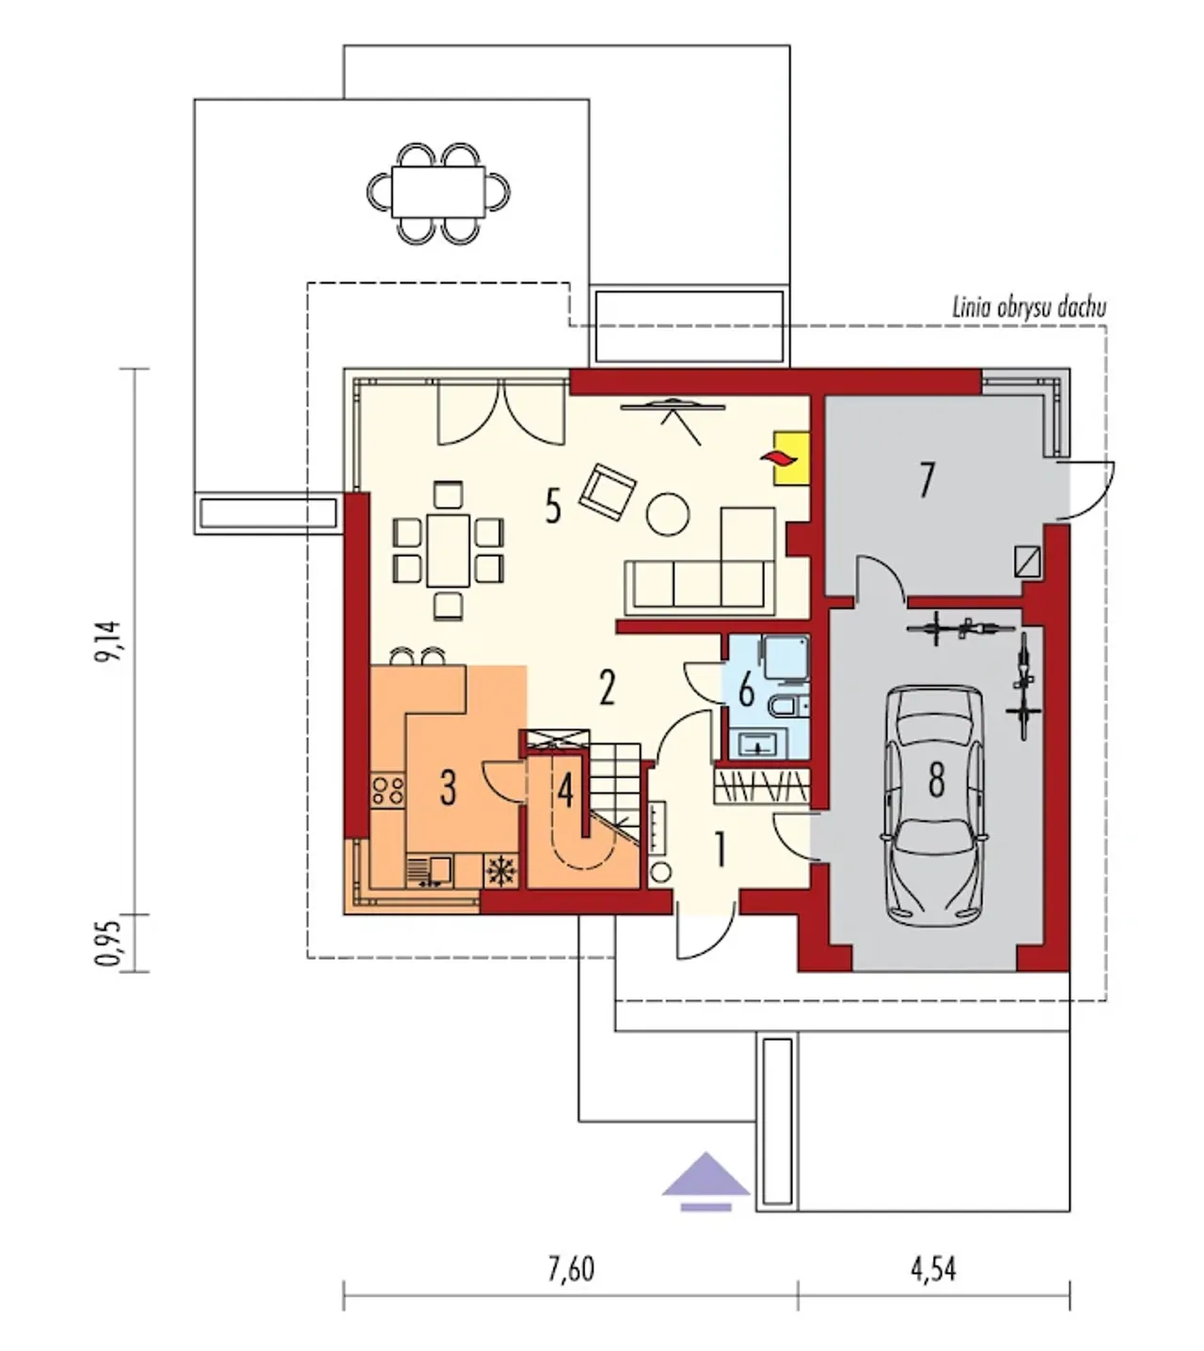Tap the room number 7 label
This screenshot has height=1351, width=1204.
[927, 479]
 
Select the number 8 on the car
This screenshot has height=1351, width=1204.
[936, 779]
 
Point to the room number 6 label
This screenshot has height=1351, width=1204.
[746, 690]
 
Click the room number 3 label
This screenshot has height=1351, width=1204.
[448, 787]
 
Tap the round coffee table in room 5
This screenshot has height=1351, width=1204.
[668, 513]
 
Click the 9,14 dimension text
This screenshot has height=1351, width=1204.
[110, 642]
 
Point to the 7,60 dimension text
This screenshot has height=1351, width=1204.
[571, 1269]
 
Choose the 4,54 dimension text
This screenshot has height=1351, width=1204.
[932, 1269]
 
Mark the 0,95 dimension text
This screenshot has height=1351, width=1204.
[110, 943]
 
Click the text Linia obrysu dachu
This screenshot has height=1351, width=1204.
[1028, 307]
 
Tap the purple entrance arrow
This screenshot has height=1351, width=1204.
[705, 1178]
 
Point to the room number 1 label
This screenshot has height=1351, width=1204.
[721, 849]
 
